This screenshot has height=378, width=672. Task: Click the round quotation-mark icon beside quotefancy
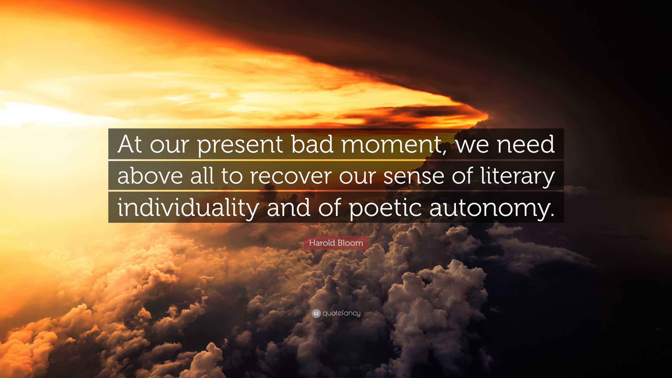pyautogui.click(x=316, y=313)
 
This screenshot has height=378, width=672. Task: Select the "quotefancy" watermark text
pyautogui.click(x=341, y=313)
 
